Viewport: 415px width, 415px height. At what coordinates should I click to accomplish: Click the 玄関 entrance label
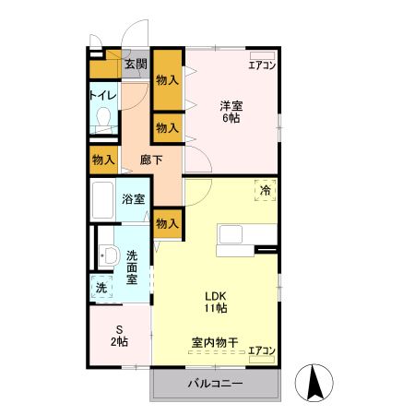[x=136, y=65]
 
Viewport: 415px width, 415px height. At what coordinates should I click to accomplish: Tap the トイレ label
[x=102, y=94]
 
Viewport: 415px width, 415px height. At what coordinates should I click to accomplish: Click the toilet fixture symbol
[x=103, y=121]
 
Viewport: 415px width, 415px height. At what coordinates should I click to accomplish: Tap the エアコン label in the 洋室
[x=263, y=65]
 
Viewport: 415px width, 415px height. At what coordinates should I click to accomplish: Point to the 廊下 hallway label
[x=151, y=160]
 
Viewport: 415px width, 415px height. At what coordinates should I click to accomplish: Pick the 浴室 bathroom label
[x=133, y=198]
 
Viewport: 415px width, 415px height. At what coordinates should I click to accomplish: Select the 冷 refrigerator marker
[x=266, y=192]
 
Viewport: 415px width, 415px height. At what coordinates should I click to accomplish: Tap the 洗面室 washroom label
[x=133, y=267]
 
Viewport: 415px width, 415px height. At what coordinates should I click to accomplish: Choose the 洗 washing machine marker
[x=101, y=289]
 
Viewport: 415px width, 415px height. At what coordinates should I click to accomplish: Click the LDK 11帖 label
[x=216, y=301]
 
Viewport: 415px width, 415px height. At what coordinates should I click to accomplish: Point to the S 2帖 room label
[x=118, y=335]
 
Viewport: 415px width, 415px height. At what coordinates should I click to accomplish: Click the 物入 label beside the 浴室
[x=168, y=222]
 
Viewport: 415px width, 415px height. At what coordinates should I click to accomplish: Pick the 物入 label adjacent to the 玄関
[x=167, y=80]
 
